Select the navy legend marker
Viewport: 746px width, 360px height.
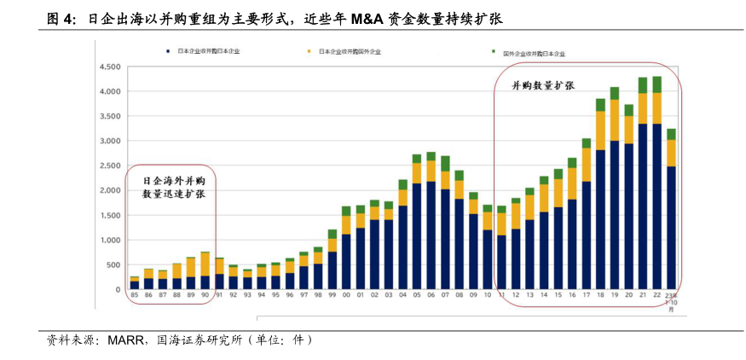click(170, 52)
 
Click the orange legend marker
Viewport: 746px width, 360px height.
click(311, 52)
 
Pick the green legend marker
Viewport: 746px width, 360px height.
click(494, 52)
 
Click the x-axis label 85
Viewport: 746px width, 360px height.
click(134, 295)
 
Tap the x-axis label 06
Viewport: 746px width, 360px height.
click(431, 295)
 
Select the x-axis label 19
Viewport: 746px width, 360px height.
click(615, 295)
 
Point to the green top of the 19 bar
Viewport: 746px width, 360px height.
click(615, 93)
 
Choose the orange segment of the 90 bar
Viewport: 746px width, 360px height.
click(205, 264)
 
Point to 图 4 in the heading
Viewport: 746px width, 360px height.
click(61, 18)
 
